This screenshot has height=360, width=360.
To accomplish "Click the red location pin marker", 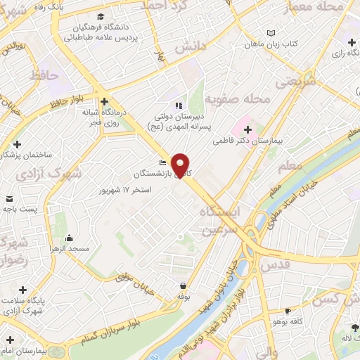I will coord(181,165).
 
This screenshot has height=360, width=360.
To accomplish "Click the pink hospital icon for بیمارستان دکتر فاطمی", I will coord(247,129).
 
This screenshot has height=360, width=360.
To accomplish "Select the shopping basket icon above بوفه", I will coord(184,286).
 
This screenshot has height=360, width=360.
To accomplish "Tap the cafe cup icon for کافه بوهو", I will coord(287,311).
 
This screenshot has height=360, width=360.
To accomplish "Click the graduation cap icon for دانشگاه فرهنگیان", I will coord(102,16).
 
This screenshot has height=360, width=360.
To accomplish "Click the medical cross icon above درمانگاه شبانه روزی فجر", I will coord(103,101).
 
